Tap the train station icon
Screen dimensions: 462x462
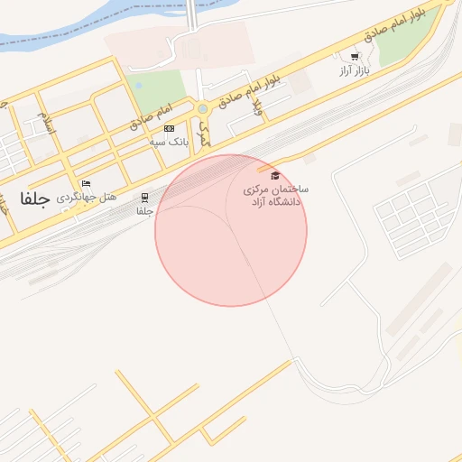[144, 198]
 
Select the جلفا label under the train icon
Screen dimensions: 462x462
[144, 211]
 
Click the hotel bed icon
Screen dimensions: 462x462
[86, 184]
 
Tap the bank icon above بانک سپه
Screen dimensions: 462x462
[169, 129]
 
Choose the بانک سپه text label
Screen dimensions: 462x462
[169, 142]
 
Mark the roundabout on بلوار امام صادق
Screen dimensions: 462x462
[202, 109]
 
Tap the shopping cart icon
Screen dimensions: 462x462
[355, 57]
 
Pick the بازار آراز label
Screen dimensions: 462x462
[355, 69]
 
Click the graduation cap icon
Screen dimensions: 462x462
[275, 175]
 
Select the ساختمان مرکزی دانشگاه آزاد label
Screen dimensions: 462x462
[276, 196]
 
